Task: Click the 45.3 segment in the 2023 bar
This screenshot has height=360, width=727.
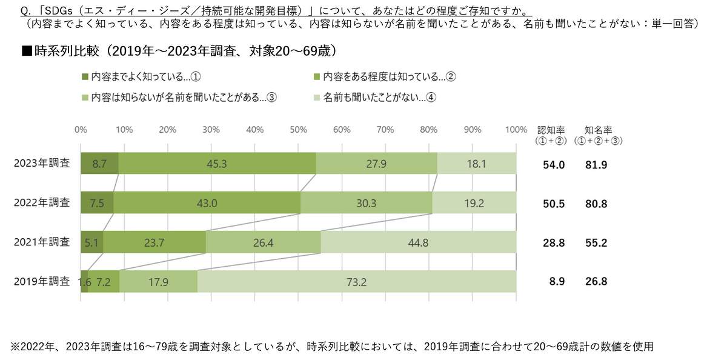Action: click(217, 163)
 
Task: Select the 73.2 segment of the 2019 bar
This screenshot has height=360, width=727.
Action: click(357, 281)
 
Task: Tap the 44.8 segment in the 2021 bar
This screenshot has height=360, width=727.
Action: click(419, 242)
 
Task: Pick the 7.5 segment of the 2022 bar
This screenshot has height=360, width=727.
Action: click(97, 202)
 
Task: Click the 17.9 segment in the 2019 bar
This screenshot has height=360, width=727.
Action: click(158, 281)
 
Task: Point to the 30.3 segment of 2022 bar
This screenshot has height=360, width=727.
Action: click(367, 202)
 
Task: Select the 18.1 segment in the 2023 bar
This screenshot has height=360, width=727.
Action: click(477, 163)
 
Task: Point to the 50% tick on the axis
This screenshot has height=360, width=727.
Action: click(298, 129)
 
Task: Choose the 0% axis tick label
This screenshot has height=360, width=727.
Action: click(81, 129)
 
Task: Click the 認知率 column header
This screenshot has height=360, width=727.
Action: click(551, 130)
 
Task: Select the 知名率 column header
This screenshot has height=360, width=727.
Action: click(598, 130)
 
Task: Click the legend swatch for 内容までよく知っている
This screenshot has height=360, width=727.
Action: click(85, 77)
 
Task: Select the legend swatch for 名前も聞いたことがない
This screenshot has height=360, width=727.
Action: click(316, 97)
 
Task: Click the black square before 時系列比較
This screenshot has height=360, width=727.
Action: click(26, 50)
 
